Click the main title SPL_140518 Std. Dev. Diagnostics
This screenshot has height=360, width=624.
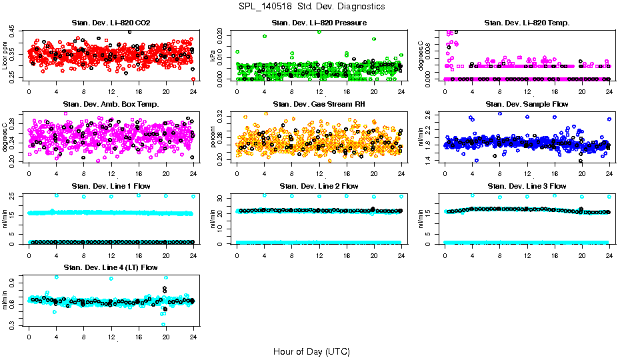[x=311, y=7]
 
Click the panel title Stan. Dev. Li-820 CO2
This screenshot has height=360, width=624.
[x=111, y=23]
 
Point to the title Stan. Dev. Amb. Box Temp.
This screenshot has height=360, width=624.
[x=111, y=104]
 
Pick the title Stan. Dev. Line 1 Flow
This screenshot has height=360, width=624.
[x=111, y=186]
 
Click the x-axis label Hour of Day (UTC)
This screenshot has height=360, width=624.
[x=311, y=351]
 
